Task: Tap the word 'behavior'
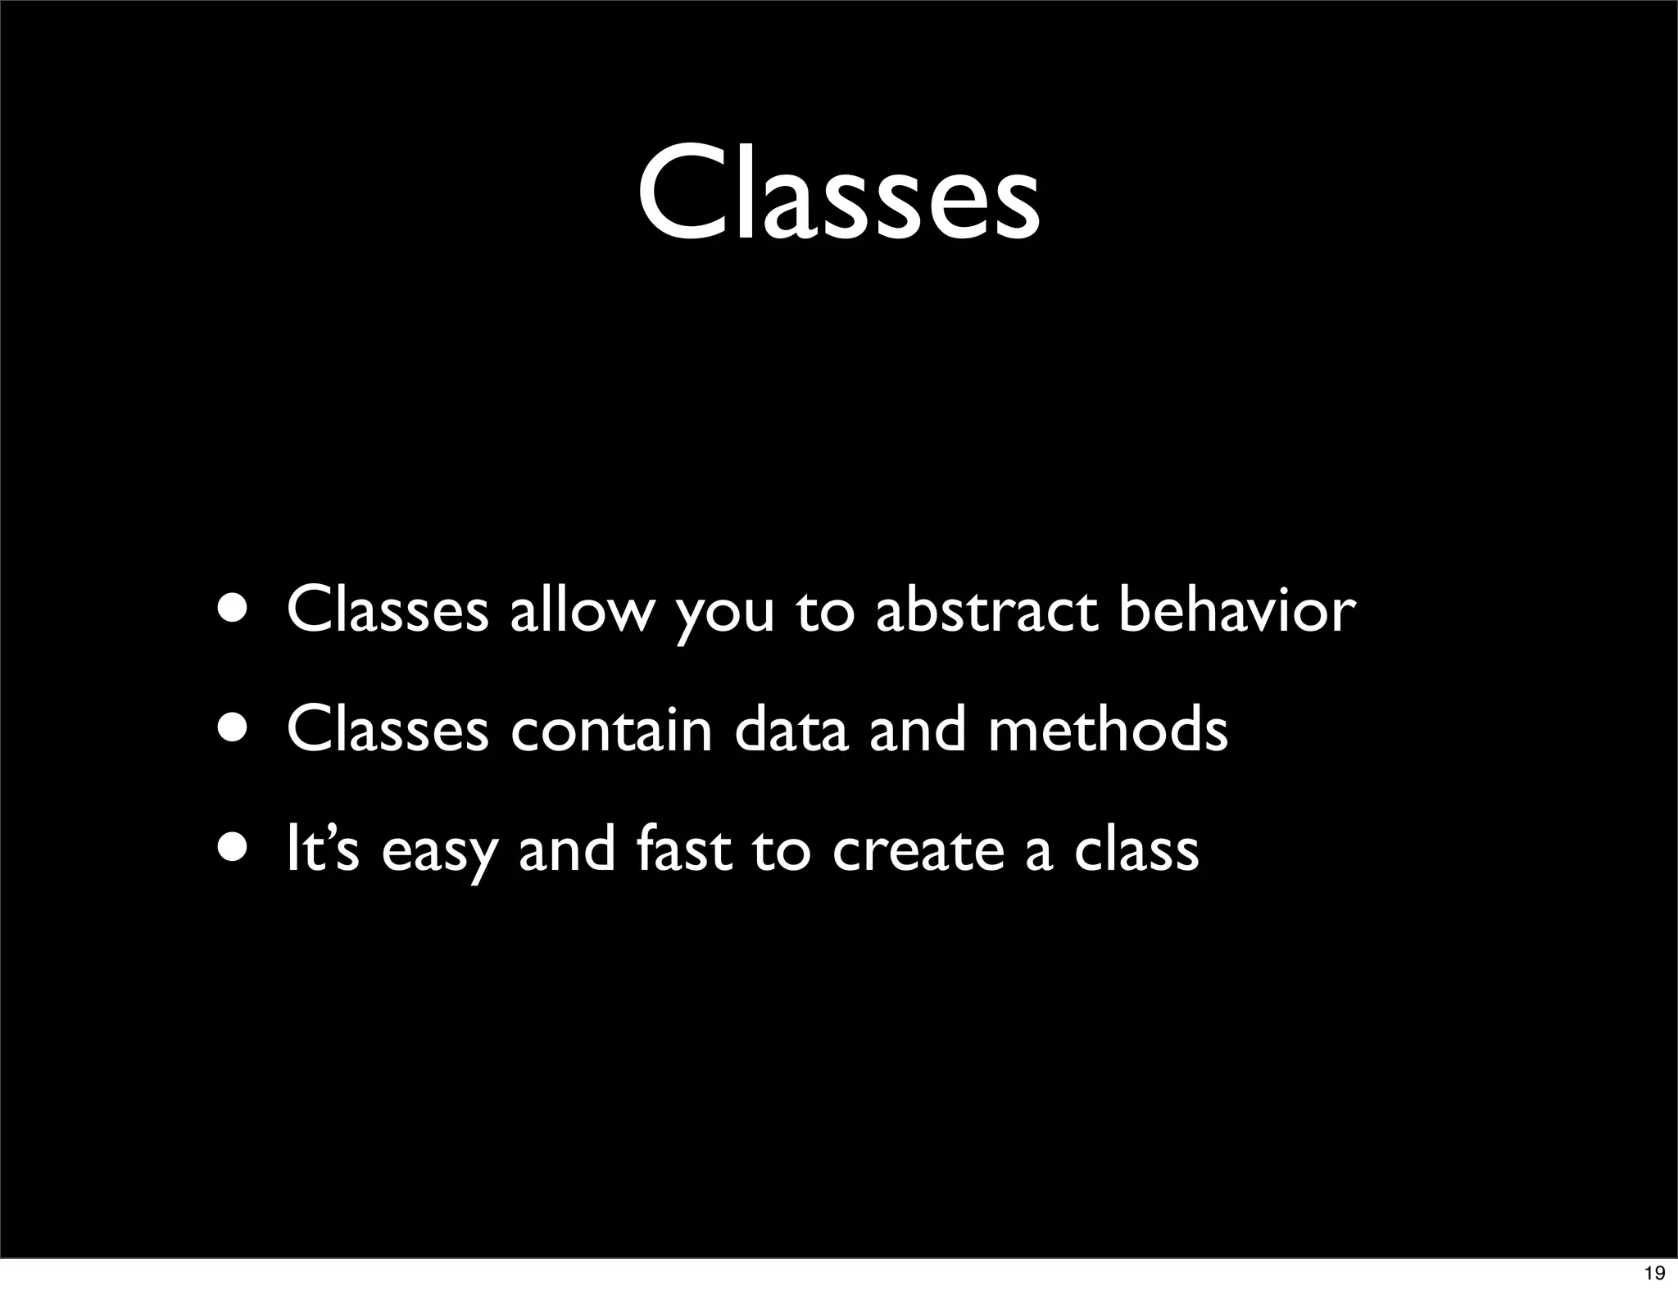[1237, 610]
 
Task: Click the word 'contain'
[611, 730]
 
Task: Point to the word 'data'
[791, 730]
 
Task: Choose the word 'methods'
[1108, 730]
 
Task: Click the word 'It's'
[323, 849]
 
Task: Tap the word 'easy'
[439, 856]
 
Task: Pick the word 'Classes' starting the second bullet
[388, 730]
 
